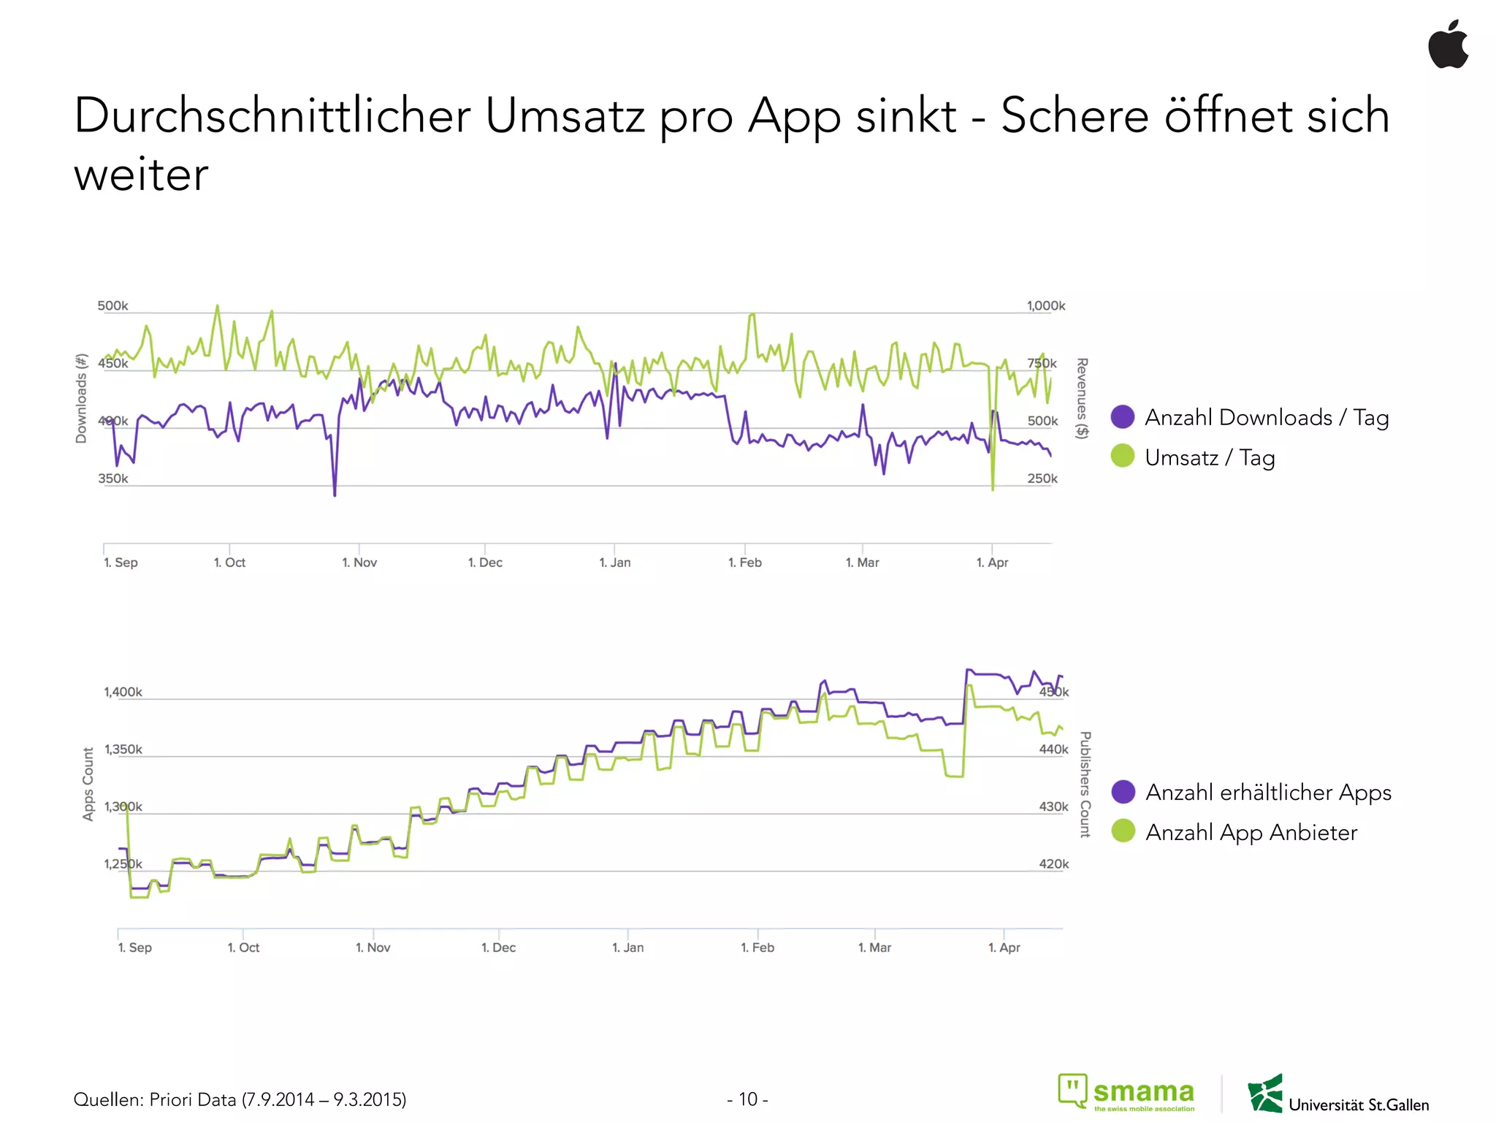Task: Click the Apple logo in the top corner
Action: pyautogui.click(x=1449, y=45)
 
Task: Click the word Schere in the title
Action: pyautogui.click(x=1074, y=115)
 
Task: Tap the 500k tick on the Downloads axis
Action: pyautogui.click(x=112, y=305)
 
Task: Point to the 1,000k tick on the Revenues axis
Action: pyautogui.click(x=1045, y=305)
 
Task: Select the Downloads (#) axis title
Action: pyautogui.click(x=81, y=398)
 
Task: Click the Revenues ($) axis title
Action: pyautogui.click(x=1082, y=398)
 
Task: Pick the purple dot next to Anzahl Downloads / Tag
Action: pyautogui.click(x=1123, y=416)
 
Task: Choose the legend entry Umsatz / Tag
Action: pyautogui.click(x=1210, y=457)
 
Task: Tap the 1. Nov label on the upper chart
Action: pyautogui.click(x=359, y=562)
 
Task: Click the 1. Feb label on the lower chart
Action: pyautogui.click(x=757, y=947)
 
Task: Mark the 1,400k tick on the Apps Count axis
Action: pyautogui.click(x=123, y=692)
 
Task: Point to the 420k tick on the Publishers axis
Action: pyautogui.click(x=1053, y=864)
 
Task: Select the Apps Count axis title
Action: pyautogui.click(x=88, y=784)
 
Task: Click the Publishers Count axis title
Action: pyautogui.click(x=1085, y=784)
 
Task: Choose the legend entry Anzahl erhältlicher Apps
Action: pyautogui.click(x=1268, y=792)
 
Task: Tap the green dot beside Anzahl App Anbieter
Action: pyautogui.click(x=1123, y=831)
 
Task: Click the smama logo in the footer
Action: pyautogui.click(x=1127, y=1093)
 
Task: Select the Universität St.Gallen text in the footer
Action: pyautogui.click(x=1358, y=1104)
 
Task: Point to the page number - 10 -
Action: pyautogui.click(x=747, y=1099)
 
